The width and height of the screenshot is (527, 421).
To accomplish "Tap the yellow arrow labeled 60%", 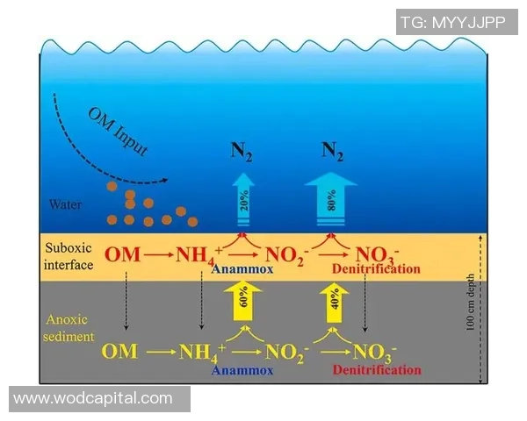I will click(x=240, y=305).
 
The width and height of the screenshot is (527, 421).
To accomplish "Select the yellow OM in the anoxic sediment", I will click(x=119, y=353).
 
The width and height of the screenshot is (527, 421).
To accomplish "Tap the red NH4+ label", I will click(x=200, y=255).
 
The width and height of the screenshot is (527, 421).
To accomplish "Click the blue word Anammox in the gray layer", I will click(x=242, y=370).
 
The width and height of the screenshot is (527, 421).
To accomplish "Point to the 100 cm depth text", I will click(x=471, y=310).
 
